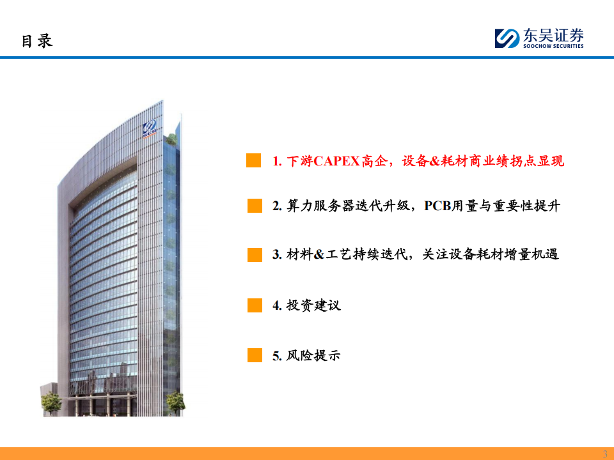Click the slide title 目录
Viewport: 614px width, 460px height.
coord(37,41)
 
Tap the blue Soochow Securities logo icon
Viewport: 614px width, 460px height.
coord(507,38)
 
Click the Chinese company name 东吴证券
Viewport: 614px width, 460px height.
coord(553,35)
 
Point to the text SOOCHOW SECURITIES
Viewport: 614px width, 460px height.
coord(553,46)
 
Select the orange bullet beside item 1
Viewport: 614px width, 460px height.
coord(254,160)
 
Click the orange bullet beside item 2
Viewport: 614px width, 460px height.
coord(255,206)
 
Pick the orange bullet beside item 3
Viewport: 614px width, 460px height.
coord(255,255)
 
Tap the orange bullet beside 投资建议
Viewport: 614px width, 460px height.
coord(255,305)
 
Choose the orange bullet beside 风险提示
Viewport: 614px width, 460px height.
coord(255,355)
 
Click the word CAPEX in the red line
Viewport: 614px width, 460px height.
coord(337,161)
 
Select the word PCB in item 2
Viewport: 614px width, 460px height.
coord(437,206)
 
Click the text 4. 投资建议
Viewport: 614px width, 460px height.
coord(306,305)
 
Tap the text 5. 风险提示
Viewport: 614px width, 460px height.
coord(306,355)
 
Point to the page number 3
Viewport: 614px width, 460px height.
coord(605,454)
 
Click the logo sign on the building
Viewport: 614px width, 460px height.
coord(150,128)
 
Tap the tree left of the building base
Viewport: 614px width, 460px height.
coord(51,403)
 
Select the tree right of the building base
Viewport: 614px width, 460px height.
coord(176,403)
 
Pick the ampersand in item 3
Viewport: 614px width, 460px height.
coord(319,255)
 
